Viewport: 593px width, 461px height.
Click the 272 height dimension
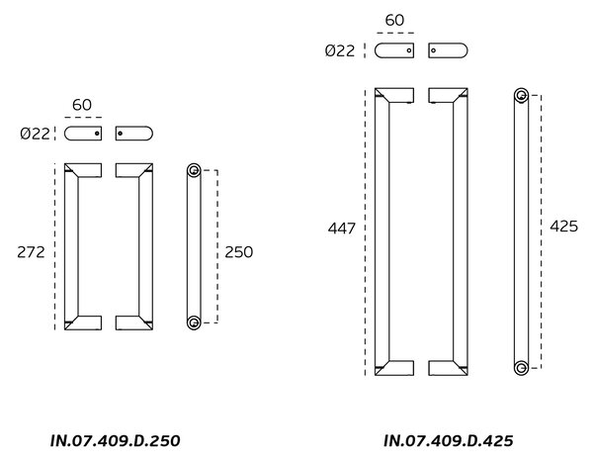pyautogui.click(x=31, y=252)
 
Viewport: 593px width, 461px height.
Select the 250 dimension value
pyautogui.click(x=238, y=252)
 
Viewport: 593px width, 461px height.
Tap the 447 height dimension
pyautogui.click(x=342, y=229)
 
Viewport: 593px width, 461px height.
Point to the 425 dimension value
pyautogui.click(x=564, y=226)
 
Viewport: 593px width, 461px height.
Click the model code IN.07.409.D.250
pyautogui.click(x=115, y=440)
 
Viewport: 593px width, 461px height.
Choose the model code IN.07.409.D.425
pyautogui.click(x=449, y=440)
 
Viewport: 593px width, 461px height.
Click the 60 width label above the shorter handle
pyautogui.click(x=82, y=105)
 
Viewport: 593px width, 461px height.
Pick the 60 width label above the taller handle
pyautogui.click(x=394, y=20)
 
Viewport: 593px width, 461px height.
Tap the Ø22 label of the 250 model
pyautogui.click(x=35, y=134)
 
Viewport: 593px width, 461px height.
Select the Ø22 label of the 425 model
pyautogui.click(x=340, y=50)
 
